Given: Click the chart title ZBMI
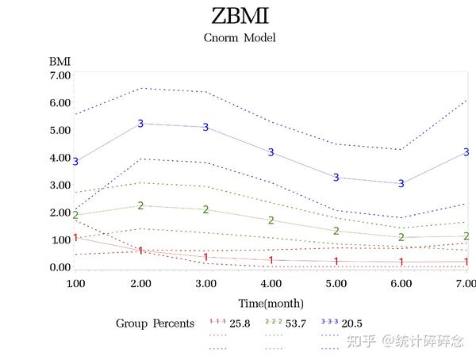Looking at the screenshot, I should (240, 16).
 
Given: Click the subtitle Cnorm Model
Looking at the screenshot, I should (240, 37).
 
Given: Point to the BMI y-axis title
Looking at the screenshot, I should (59, 60).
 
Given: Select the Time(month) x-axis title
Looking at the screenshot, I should (271, 303).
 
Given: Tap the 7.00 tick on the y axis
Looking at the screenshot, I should (60, 75).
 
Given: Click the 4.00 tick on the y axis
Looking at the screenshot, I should (60, 158).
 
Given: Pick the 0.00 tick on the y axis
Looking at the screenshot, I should (60, 267).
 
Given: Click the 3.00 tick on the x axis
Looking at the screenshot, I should (205, 283).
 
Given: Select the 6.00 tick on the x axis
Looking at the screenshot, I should (401, 283).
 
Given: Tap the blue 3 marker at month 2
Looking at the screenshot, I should (140, 124).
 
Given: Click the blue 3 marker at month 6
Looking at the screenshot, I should (401, 184).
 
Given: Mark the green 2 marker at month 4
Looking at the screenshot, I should (271, 220).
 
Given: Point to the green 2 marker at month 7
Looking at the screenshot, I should (466, 236).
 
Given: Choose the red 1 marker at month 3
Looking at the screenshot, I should (205, 257).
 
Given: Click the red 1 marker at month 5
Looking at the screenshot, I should (336, 262).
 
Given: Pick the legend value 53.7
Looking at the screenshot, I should (298, 324).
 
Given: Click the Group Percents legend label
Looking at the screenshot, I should (155, 324).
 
